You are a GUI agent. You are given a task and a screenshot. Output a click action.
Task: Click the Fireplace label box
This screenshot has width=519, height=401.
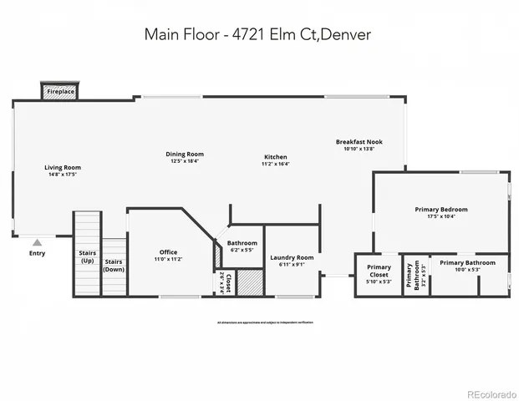(x=59, y=91)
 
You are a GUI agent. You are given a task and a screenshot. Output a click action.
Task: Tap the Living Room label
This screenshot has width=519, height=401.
(x=63, y=168)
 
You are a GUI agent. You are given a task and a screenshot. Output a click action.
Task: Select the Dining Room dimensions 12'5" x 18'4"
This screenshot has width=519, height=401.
(x=185, y=162)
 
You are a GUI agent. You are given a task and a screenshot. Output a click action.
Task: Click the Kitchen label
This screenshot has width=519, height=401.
(x=276, y=157)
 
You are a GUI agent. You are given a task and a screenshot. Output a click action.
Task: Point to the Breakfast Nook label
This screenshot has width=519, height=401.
(x=359, y=142)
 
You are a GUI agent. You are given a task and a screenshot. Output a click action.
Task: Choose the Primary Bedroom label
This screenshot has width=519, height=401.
(x=441, y=209)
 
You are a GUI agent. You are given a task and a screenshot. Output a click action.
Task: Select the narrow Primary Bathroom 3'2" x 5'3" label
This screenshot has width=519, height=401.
(x=412, y=275)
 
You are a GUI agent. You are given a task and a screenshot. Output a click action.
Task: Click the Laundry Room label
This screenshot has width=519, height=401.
(x=293, y=257)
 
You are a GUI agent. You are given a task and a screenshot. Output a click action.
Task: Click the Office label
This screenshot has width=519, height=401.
(x=168, y=252)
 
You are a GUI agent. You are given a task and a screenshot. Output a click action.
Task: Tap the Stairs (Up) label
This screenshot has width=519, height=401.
(x=87, y=256)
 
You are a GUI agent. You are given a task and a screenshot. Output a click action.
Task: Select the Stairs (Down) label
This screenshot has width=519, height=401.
(x=114, y=266)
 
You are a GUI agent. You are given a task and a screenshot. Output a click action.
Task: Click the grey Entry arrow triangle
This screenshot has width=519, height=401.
(x=37, y=242)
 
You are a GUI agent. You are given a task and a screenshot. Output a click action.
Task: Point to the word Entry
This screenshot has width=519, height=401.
(x=38, y=254)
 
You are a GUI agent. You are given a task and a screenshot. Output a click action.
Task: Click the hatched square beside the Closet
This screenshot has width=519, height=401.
(x=250, y=282)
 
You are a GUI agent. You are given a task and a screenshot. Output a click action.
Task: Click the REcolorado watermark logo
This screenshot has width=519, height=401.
(x=491, y=393)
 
